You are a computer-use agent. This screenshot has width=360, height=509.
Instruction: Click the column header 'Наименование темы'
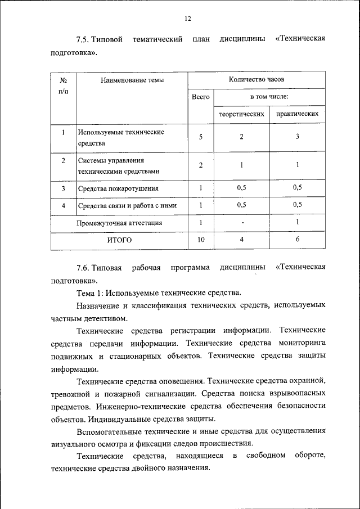click(132, 80)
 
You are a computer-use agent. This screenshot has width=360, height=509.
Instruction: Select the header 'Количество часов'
click(256, 80)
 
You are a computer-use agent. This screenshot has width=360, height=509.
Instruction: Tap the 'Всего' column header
click(200, 97)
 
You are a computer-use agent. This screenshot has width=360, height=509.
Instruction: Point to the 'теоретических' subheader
click(241, 114)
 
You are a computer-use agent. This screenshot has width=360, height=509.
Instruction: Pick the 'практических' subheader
click(297, 114)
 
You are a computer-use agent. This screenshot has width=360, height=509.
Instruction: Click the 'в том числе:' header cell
click(269, 97)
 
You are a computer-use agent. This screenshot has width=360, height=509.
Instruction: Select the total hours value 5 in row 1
click(200, 137)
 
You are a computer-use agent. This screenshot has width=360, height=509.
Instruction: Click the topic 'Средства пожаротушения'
click(118, 188)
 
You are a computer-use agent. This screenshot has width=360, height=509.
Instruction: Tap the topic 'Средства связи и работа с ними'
click(127, 205)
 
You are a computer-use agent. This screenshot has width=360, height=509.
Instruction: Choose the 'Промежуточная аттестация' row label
click(119, 223)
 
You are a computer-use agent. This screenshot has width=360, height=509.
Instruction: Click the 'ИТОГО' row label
click(119, 240)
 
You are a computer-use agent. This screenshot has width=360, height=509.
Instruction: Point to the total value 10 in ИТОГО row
click(200, 240)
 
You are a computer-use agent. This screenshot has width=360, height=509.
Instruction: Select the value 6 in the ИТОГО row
click(297, 240)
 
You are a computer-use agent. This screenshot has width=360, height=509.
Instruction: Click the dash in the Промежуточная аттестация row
click(241, 223)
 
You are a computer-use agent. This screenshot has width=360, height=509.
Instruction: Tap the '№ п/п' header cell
click(63, 85)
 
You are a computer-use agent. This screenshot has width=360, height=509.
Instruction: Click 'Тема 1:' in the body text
click(90, 292)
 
